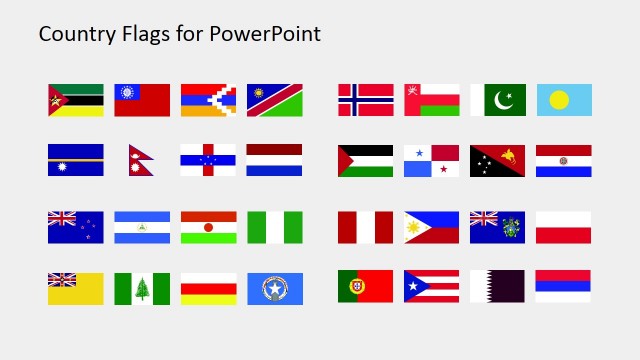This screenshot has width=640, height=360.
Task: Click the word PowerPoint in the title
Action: point(265,34)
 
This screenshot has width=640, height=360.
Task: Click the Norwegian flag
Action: point(365,100)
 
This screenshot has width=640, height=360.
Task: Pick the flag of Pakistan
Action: point(497,100)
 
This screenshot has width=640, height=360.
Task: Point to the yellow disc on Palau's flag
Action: point(560,100)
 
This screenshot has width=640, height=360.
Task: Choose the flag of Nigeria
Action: point(274,227)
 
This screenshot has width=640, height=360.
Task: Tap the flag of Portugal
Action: point(365,286)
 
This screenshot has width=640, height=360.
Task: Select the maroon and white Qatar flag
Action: point(497,286)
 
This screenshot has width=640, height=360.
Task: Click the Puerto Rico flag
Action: point(431,286)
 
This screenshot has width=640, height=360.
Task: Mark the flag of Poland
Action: point(563,227)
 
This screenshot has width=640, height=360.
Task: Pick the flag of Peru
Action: point(365,227)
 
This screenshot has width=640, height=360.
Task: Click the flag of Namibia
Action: point(274,100)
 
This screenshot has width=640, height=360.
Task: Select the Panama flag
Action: point(431,160)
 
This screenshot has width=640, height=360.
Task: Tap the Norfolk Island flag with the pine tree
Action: point(142,288)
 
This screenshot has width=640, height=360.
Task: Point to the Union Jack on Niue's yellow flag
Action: point(62,279)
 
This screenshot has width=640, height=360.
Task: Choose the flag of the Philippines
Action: point(431,227)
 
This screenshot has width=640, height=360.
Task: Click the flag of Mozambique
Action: point(75,100)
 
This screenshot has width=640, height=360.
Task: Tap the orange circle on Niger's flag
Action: point(208,227)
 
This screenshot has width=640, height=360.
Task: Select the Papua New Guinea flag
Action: point(497,160)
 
